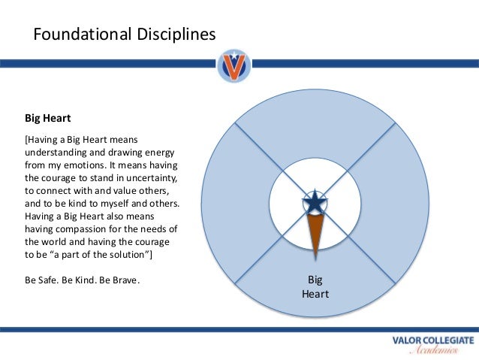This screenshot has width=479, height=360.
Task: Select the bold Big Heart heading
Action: click(x=48, y=118)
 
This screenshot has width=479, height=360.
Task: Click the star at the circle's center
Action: click(x=315, y=203)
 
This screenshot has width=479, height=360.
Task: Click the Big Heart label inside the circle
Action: click(x=315, y=287)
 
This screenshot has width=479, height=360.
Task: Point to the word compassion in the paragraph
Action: click(x=84, y=228)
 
